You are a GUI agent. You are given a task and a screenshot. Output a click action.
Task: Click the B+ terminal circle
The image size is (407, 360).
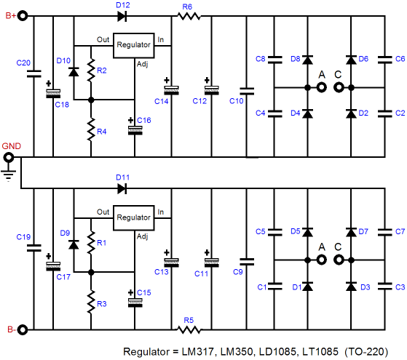pos(23,16)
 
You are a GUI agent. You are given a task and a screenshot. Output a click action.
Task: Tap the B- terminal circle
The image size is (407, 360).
pos(23,329)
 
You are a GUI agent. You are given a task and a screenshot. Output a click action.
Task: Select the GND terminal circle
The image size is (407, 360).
pos(9,157)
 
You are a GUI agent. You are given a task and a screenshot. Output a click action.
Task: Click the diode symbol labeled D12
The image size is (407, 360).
pos(122,16)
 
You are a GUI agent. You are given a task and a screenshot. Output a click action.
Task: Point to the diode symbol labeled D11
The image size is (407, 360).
pos(122,188)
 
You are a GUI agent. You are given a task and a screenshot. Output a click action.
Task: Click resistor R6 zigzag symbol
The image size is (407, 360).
pos(189,16)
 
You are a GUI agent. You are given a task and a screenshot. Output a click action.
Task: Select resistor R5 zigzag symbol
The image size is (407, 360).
pos(189,329)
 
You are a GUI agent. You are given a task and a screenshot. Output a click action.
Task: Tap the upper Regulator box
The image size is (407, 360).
pos(134,46)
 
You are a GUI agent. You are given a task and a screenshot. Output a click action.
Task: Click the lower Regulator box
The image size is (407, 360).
pos(134,218)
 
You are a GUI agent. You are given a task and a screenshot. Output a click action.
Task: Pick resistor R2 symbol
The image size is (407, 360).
pos(91,71)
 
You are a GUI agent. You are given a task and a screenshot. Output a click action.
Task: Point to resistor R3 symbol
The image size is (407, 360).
pos(91,302)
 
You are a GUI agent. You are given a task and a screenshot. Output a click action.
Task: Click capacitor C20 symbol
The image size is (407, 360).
pos(33,73)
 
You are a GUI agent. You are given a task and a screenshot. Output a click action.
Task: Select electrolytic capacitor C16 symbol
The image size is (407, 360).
pos(135,130)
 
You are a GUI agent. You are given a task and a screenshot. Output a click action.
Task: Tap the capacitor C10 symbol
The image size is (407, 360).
pos(247,91)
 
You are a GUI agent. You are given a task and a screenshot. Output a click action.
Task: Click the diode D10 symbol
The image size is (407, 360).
pos(74,71)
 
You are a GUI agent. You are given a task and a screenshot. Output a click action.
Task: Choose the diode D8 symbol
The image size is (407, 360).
pos(308,60)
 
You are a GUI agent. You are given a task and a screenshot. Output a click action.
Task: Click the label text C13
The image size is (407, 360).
pos(162,272)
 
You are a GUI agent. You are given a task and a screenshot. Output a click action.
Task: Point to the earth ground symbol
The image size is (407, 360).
pos(8,175)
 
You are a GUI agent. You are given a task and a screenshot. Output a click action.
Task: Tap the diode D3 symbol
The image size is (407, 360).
pos(351,287)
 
